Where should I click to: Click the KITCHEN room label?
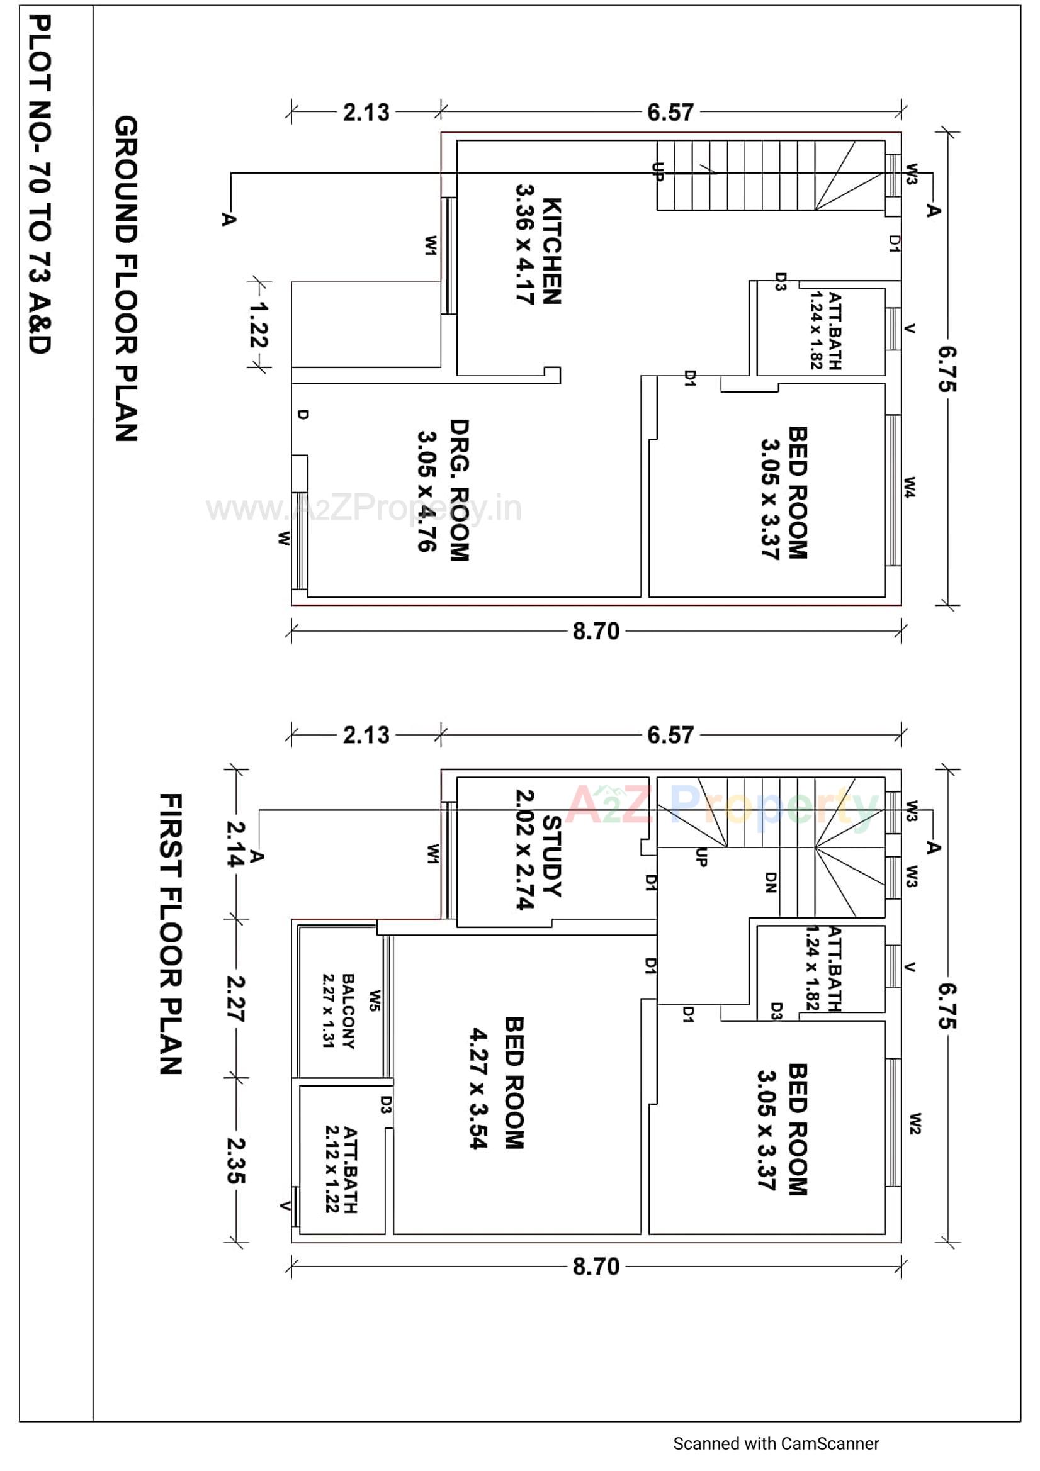551,251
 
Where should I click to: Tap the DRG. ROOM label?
459,491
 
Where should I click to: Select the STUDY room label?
551,856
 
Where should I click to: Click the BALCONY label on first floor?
348,1012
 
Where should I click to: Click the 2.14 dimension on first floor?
236,844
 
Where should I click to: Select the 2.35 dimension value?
236,1160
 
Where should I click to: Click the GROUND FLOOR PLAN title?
126,279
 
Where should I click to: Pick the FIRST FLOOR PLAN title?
171,934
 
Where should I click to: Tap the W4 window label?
910,487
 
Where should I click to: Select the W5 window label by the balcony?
375,1001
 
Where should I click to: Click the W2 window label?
915,1124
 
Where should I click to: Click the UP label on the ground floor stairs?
657,172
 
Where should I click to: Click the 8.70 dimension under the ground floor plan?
596,632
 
